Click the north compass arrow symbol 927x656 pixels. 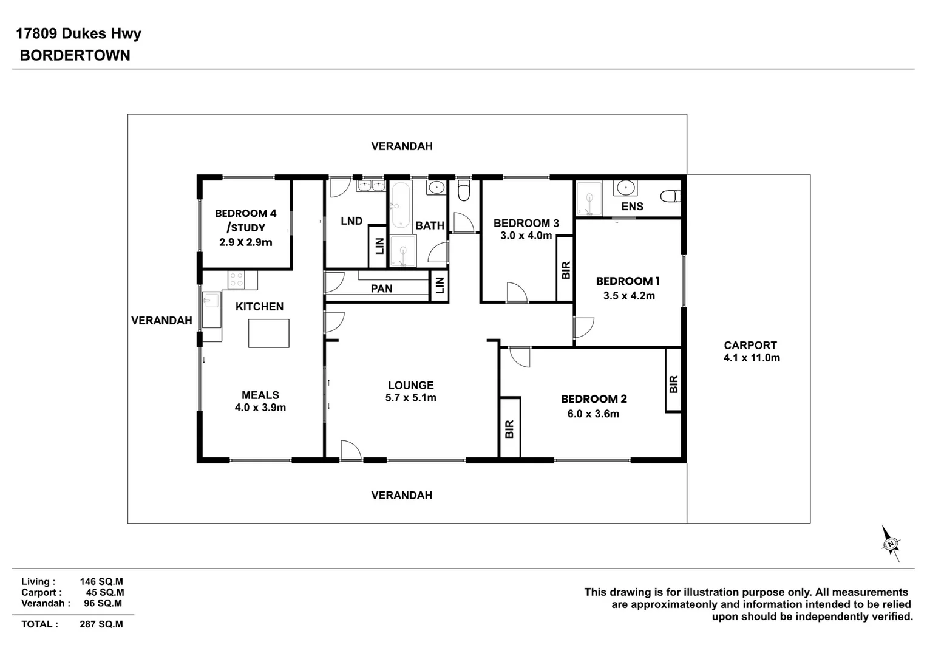point(891,543)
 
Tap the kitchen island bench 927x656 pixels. point(268,333)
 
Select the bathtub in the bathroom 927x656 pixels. point(399,205)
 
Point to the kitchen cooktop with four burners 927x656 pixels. point(236,280)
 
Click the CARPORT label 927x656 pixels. point(750,345)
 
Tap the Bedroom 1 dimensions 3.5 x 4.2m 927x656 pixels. point(629,296)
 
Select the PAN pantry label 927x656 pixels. point(381,289)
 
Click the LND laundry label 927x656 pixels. point(351,221)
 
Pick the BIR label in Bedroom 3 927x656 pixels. point(566,270)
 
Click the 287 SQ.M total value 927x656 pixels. point(101,624)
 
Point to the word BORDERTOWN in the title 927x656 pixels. point(75,55)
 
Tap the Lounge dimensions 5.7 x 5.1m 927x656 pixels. point(410,398)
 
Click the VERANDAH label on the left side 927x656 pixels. point(161,320)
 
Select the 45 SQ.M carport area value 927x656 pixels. point(104,592)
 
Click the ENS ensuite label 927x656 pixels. point(632,207)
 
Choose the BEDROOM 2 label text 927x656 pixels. point(594,399)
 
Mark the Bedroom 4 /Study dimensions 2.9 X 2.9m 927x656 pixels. point(245,242)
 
